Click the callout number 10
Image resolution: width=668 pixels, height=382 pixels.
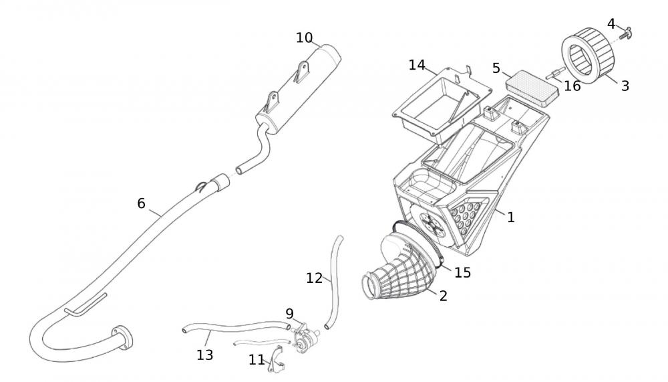(304, 37)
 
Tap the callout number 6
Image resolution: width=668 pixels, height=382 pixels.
(141, 203)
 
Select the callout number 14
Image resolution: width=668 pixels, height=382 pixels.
(417, 65)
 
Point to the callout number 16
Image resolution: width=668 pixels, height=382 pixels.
(572, 86)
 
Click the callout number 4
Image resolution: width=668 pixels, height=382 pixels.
(611, 24)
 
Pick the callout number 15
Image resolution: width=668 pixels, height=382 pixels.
(462, 272)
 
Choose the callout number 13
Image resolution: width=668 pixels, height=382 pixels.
(205, 355)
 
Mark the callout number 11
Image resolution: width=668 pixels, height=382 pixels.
(257, 360)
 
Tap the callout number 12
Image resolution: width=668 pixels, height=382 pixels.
(314, 278)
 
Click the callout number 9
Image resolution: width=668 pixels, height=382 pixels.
(289, 313)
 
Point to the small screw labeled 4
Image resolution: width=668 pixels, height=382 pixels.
(628, 31)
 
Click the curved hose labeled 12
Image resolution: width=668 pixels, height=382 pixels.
(333, 281)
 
